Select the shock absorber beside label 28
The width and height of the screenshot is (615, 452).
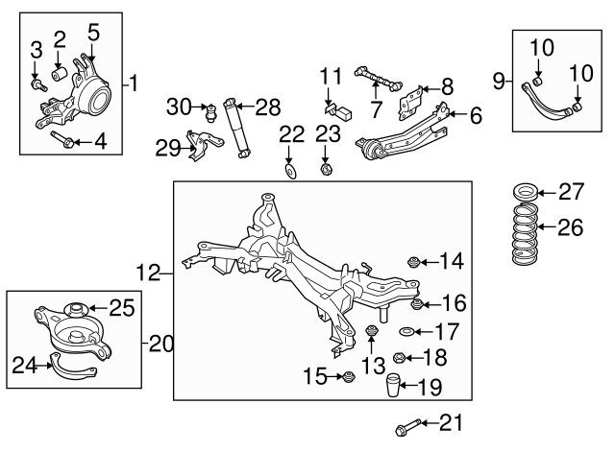pos(234,125)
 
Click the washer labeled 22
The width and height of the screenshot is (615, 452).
pos(289,172)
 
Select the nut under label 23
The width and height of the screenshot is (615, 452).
pos(326,171)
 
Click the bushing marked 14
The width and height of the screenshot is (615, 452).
pos(414,260)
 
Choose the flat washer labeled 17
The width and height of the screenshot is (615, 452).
pos(407,333)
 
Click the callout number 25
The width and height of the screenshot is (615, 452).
pos(121,307)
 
